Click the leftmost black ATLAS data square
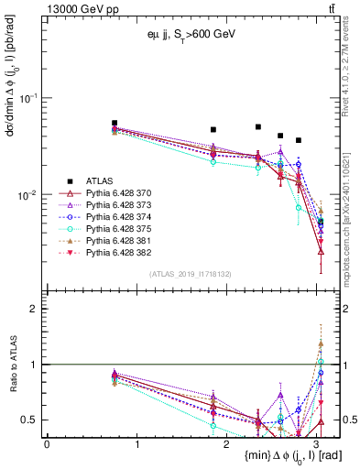coord(115,123)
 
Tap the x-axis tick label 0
coord(47,443)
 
